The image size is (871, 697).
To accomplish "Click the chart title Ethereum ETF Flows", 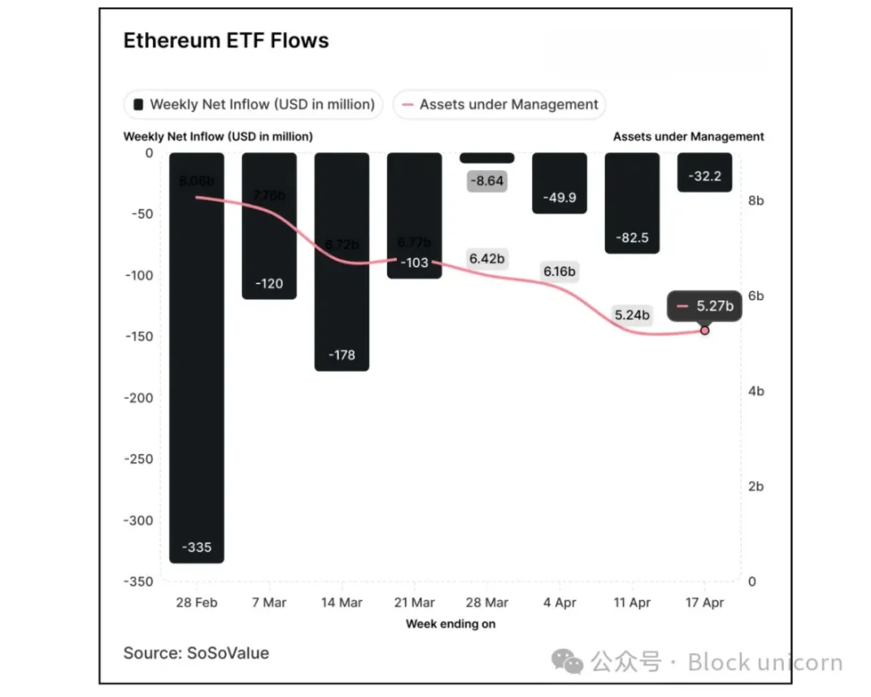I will pos(226,41).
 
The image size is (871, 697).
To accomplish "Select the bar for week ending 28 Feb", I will pos(196,358).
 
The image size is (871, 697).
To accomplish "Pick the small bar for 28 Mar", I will pos(487,158).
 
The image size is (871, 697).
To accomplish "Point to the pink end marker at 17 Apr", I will pos(704,331).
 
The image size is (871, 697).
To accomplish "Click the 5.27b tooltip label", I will pos(706,306).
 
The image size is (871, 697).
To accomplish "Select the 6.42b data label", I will pos(487,259).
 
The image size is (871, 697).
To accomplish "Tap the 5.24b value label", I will pos(632,314).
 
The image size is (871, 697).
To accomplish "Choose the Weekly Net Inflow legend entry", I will pos(254,104).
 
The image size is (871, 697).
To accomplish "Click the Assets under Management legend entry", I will pos(499,104).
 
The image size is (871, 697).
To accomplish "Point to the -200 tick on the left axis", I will pos(139,398).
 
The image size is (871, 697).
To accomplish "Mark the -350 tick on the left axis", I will pos(139,581).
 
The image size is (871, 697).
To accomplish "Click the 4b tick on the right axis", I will pos(756,392).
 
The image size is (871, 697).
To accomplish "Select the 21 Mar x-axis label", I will pos(414,603).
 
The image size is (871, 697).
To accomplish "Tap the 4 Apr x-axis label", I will pos(559,603).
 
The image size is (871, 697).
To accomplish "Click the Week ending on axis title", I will pos(450,624).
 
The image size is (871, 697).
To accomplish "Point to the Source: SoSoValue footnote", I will pos(196,653).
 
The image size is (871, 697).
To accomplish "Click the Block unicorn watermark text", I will pos(764,663).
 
